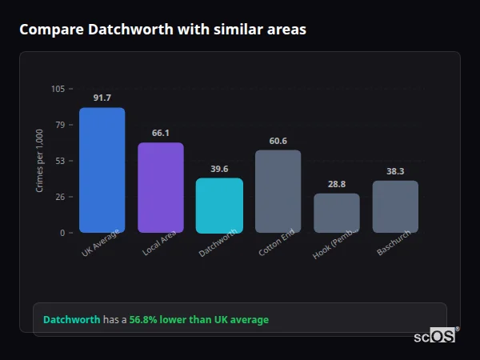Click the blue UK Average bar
102,170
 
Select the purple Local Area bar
160,187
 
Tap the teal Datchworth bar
219,205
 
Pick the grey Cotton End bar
278,191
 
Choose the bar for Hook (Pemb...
336,213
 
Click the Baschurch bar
395,206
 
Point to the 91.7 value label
102,98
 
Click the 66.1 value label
160,133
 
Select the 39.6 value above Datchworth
219,169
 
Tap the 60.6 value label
278,141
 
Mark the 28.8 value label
336,184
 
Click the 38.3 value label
395,171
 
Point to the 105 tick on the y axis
58,89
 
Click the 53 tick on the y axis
61,161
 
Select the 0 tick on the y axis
63,233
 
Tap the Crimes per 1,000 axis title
40,162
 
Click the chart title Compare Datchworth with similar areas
162,30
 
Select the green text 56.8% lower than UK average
198,319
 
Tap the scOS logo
434,336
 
